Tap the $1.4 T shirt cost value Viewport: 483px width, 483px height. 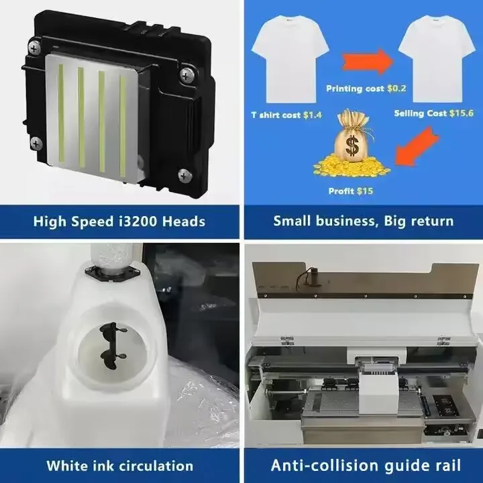tap(313, 115)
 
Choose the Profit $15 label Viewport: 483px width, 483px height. tap(350, 191)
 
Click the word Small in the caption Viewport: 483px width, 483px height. tap(291, 221)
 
